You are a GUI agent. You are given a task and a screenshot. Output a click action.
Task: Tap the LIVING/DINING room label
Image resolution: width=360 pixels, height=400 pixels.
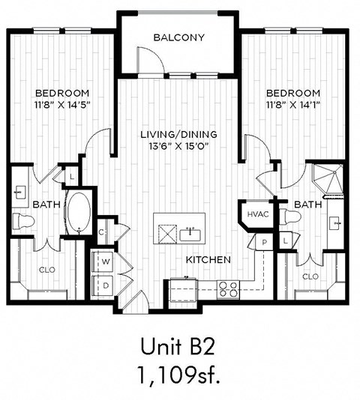(x=179, y=134)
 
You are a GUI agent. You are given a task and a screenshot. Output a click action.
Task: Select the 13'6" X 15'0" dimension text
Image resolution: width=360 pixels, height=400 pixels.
(x=179, y=146)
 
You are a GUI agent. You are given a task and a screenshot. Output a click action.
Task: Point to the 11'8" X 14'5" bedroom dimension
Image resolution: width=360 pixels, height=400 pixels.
(x=62, y=105)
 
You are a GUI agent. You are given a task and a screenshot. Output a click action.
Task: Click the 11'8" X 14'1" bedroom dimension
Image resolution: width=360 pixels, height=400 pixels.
(x=292, y=105)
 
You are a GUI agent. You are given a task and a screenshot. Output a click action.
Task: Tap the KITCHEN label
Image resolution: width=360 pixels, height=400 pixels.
(x=208, y=259)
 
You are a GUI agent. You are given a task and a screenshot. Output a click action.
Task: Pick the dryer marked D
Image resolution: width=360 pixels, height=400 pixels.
(x=102, y=284)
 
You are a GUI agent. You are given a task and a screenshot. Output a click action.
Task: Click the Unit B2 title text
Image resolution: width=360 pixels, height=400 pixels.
(x=178, y=345)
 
